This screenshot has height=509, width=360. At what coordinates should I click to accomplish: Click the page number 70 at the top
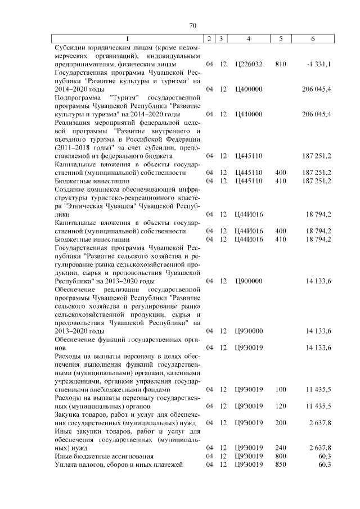pos(192,25)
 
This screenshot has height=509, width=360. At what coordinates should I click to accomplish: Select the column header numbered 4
pos(249,38)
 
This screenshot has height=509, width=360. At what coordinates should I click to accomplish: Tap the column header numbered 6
pos(313,38)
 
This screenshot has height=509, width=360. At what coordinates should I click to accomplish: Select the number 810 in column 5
pos(281,65)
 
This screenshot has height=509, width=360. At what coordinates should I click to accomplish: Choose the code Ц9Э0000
pos(249,330)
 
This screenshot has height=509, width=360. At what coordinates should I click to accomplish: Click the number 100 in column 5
pos(281,389)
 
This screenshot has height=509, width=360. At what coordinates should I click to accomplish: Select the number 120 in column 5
pos(281,406)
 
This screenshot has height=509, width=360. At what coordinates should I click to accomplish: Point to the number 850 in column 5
pos(281,464)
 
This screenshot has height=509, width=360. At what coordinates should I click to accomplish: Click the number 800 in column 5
pos(281,456)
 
